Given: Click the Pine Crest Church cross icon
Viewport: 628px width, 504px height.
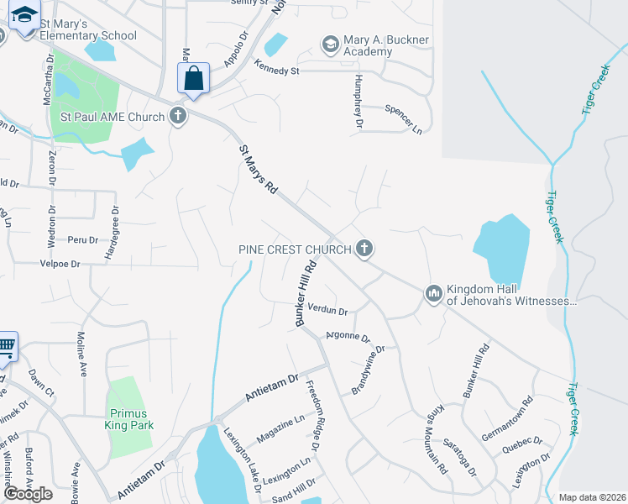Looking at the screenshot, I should point(364,249).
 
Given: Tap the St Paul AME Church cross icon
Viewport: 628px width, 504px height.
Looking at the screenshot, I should point(177,116).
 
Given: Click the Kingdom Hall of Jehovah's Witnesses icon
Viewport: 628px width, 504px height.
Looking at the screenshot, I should point(433,292).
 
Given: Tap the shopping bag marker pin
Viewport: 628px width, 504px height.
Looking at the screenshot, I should point(193,80).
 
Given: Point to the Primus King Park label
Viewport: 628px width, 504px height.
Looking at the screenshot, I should point(128,419).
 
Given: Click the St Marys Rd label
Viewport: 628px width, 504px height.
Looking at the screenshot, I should point(259,170).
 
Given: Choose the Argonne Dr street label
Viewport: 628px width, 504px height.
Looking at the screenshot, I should point(348,336).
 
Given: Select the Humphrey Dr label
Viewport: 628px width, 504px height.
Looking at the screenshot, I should point(358,101).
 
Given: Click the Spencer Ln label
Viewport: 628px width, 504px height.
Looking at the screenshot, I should point(403,119).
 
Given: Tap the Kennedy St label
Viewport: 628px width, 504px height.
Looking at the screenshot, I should point(277,71).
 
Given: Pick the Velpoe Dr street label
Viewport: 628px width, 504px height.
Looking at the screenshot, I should point(60,264).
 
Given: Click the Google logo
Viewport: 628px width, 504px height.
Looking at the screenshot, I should point(28,494).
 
